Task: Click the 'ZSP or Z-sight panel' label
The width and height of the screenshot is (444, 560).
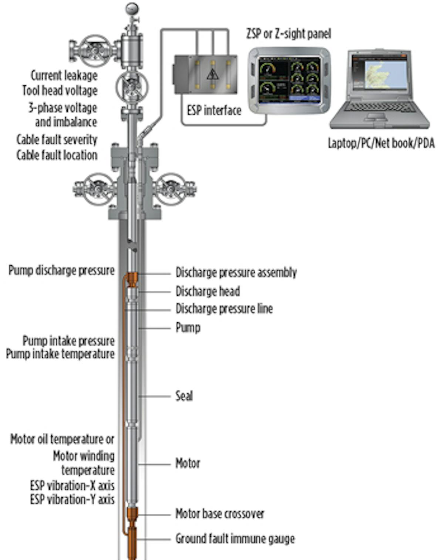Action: pos(288,34)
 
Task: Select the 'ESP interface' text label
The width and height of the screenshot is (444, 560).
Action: pos(214,110)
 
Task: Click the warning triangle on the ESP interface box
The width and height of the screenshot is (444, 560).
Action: pos(212,74)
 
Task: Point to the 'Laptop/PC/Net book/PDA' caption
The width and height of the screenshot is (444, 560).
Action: pos(381,143)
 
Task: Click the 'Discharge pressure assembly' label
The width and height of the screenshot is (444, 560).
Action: pos(236,273)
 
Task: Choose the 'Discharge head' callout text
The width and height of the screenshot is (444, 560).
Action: pos(208,291)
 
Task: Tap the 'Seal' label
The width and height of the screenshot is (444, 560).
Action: pos(184,396)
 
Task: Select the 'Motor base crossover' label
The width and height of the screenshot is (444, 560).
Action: pos(220,514)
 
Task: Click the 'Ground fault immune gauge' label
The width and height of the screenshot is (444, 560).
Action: pos(235,539)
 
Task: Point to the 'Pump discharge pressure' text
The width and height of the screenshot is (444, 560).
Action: pos(61,271)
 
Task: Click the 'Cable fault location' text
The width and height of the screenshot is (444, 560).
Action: pos(57,155)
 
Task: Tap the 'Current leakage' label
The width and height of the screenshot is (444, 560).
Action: pos(64,75)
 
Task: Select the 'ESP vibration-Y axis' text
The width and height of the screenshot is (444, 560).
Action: pos(72,500)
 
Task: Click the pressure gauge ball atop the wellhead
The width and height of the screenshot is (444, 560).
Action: pos(131,8)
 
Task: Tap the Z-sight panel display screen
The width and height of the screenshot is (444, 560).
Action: pos(289,79)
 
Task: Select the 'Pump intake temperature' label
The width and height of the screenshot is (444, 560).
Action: pos(60,354)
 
